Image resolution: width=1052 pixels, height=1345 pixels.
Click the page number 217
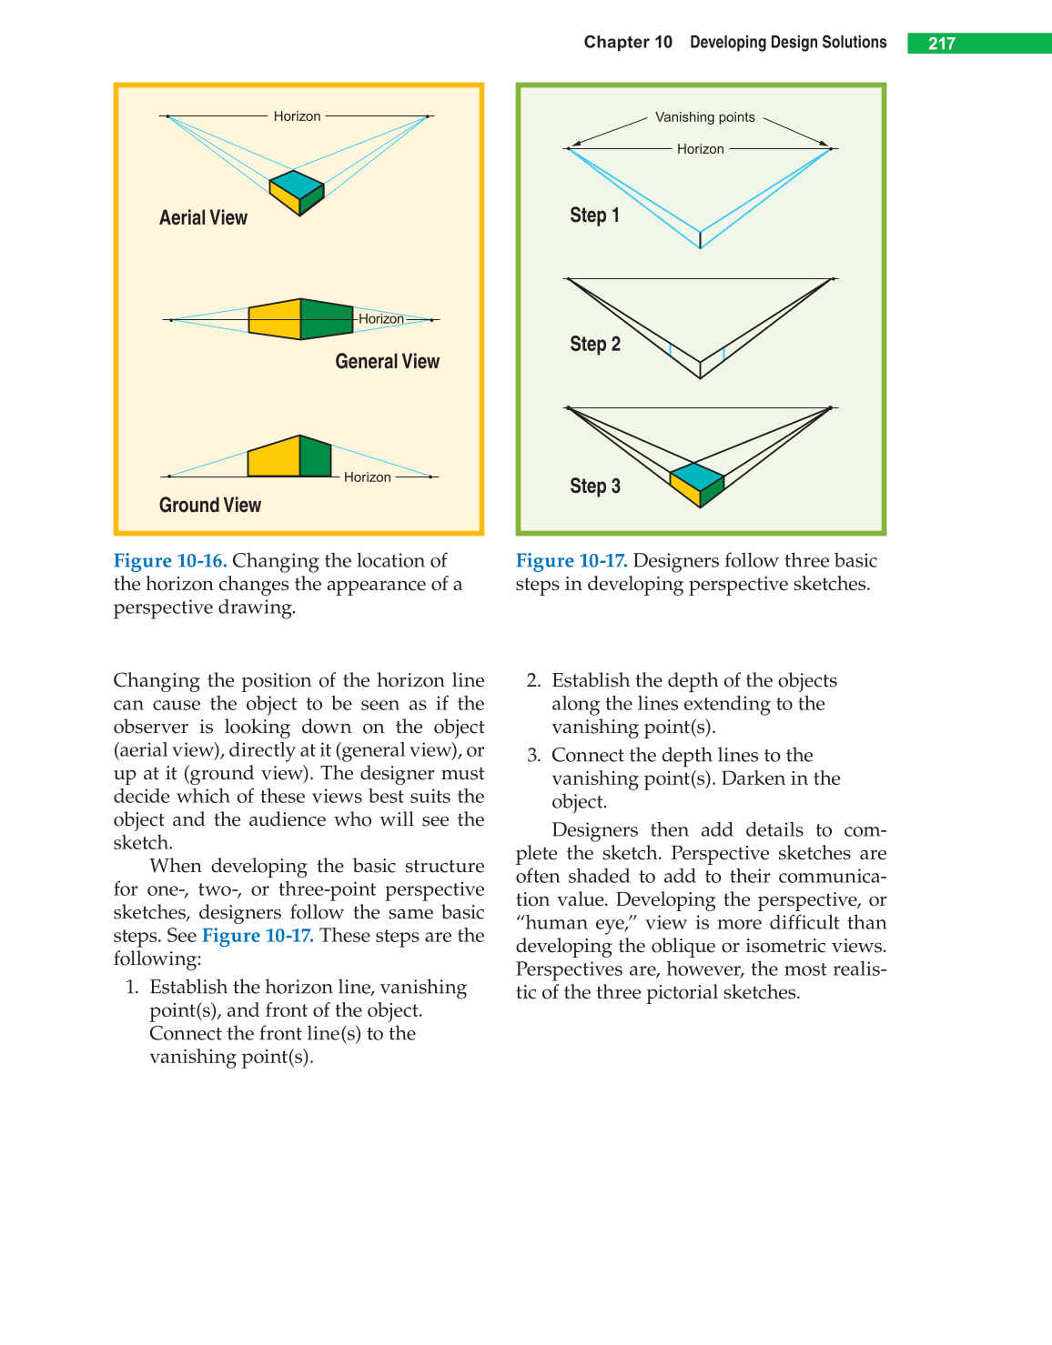(941, 44)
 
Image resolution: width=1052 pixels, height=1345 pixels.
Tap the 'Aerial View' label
(203, 218)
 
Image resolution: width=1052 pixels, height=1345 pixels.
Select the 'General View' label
(387, 362)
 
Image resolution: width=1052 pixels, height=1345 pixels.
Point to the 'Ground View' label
(209, 506)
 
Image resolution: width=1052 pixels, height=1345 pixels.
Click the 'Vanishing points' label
(704, 117)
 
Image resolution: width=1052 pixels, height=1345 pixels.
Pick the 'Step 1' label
(594, 216)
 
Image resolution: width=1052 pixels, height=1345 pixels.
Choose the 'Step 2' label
(595, 345)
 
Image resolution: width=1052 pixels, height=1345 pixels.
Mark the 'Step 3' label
(595, 487)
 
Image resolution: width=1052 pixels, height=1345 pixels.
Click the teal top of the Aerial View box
(297, 184)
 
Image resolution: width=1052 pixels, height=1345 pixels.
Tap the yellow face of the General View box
(274, 320)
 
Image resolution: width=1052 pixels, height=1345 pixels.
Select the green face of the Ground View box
(315, 457)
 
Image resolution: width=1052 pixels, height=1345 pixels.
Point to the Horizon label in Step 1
(700, 149)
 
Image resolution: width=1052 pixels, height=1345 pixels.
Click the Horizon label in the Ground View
(367, 477)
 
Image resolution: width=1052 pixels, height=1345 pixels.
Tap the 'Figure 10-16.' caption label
(169, 561)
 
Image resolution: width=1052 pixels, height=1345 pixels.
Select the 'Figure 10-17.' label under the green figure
(571, 561)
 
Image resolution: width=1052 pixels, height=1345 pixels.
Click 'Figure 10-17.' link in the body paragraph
(258, 936)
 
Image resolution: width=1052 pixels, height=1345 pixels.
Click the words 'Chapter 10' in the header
(628, 43)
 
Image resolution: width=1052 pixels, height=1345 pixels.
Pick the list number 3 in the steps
(533, 756)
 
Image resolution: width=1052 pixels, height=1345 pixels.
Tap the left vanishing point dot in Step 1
(568, 148)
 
